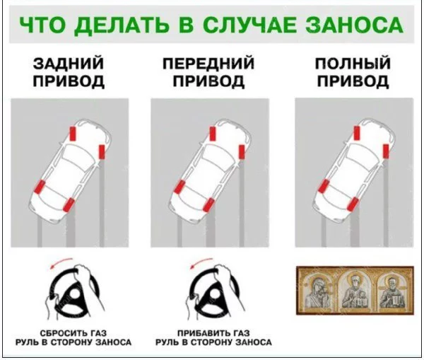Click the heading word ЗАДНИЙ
(69, 64)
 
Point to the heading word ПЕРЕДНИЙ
(210, 64)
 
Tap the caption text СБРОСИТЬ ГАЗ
(73, 332)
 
